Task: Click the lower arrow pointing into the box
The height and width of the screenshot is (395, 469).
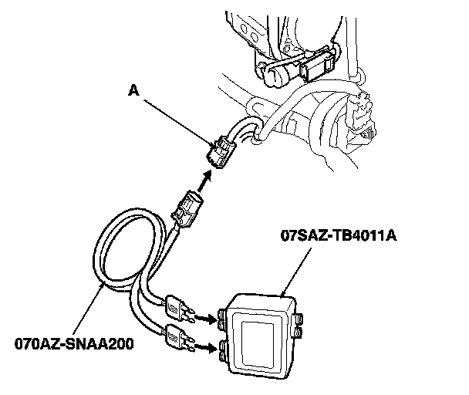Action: (204, 347)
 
